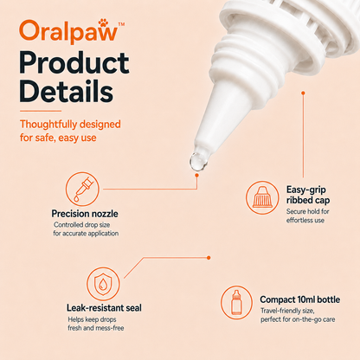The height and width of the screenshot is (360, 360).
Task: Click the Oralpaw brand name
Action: click(x=68, y=31)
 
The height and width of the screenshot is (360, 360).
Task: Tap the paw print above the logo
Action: click(x=103, y=22)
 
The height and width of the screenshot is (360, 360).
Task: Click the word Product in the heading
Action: click(x=74, y=63)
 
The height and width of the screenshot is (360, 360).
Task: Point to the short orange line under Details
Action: click(x=41, y=111)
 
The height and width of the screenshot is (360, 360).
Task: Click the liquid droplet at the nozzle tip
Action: click(x=198, y=162)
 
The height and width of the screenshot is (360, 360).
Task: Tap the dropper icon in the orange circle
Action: click(x=82, y=189)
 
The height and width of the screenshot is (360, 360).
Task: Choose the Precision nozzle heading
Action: click(x=85, y=214)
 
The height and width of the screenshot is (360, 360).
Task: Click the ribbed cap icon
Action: click(x=262, y=197)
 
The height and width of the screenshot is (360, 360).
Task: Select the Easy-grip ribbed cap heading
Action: click(x=308, y=195)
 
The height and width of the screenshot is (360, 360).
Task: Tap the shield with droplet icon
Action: click(x=103, y=284)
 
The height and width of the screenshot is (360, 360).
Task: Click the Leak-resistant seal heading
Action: click(x=104, y=308)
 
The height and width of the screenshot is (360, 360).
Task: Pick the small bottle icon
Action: click(x=236, y=303)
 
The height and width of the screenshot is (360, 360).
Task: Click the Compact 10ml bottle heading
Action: click(x=300, y=299)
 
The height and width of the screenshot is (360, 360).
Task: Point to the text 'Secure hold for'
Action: click(x=307, y=211)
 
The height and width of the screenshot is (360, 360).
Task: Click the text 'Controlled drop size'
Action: click(x=81, y=225)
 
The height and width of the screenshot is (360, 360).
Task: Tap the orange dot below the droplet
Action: click(x=196, y=175)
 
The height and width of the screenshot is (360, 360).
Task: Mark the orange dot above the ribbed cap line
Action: click(x=303, y=93)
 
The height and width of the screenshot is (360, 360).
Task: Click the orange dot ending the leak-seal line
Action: click(x=209, y=258)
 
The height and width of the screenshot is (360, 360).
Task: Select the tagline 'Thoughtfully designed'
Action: click(x=70, y=125)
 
